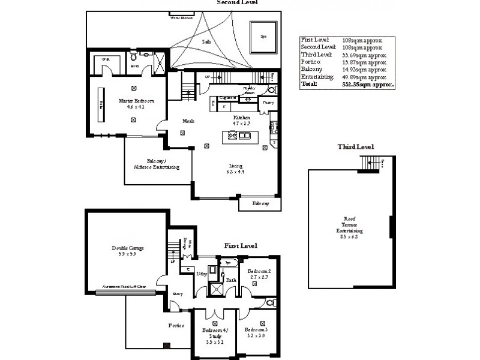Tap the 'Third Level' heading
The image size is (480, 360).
355,146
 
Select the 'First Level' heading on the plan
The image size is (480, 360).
241,246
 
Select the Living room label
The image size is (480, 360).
235,169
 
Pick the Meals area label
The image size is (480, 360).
188,121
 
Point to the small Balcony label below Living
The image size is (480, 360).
260,204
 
